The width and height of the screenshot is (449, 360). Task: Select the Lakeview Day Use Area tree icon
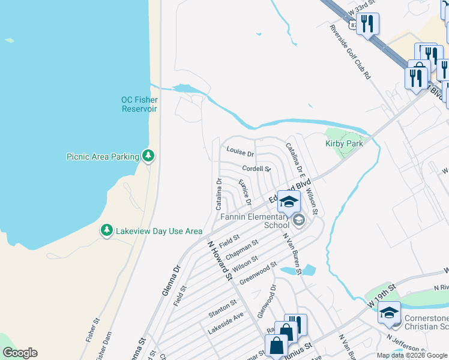[106, 230]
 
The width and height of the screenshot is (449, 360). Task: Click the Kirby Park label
[345, 143]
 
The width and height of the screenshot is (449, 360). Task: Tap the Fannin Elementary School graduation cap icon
[289, 202]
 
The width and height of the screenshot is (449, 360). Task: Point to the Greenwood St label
[258, 273]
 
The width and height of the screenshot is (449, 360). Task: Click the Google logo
[20, 353]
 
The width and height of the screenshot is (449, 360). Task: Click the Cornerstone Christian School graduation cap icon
[389, 312]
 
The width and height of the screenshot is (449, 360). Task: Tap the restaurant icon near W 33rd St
[367, 23]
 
